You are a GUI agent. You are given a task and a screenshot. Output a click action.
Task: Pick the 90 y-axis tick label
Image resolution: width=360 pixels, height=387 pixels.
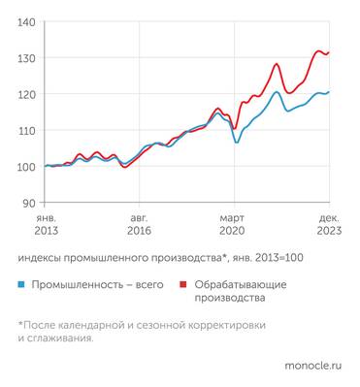tap(30, 203)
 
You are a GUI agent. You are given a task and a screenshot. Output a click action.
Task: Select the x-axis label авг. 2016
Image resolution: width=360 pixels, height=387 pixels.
tap(139, 225)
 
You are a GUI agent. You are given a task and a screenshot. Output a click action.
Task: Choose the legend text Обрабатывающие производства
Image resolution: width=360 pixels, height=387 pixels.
tap(241, 292)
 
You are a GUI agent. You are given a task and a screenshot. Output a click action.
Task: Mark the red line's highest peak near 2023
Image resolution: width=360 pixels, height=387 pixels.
tap(319, 50)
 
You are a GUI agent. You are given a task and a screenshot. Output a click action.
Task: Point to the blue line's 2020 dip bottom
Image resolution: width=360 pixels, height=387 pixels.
tap(236, 143)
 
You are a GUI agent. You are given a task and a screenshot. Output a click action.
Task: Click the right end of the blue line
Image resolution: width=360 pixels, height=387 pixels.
tap(330, 92)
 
